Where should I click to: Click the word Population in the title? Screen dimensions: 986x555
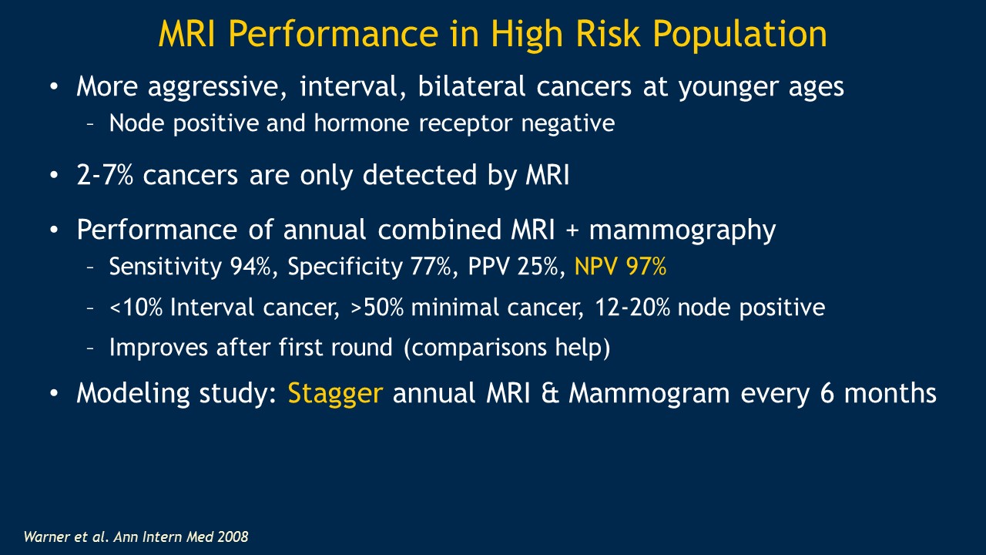click(x=739, y=35)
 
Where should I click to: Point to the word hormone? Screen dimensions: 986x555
click(x=362, y=123)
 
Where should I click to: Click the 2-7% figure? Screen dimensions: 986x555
click(x=105, y=174)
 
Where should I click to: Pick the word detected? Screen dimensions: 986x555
click(x=420, y=174)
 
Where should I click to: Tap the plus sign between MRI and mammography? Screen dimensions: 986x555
click(x=572, y=230)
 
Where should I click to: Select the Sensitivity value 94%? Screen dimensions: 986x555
click(x=250, y=267)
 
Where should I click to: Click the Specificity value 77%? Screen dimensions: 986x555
click(x=431, y=267)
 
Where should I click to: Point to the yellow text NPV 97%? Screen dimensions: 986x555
click(x=620, y=267)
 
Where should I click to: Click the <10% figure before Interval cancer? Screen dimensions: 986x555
click(x=136, y=307)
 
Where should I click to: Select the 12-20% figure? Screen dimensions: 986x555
click(x=632, y=307)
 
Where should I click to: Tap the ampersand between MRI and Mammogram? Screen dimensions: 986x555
click(x=549, y=393)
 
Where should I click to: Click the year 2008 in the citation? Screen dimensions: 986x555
click(x=233, y=536)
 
